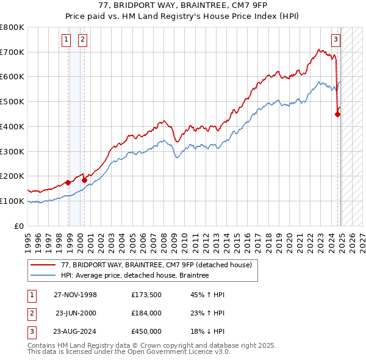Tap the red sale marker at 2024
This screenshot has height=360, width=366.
pyautogui.click(x=337, y=113)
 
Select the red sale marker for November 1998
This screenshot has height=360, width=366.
pyautogui.click(x=68, y=182)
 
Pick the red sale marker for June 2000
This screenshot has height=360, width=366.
pyautogui.click(x=84, y=180)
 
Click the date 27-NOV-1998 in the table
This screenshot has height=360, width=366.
pyautogui.click(x=75, y=295)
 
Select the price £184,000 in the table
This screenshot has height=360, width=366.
pyautogui.click(x=146, y=313)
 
